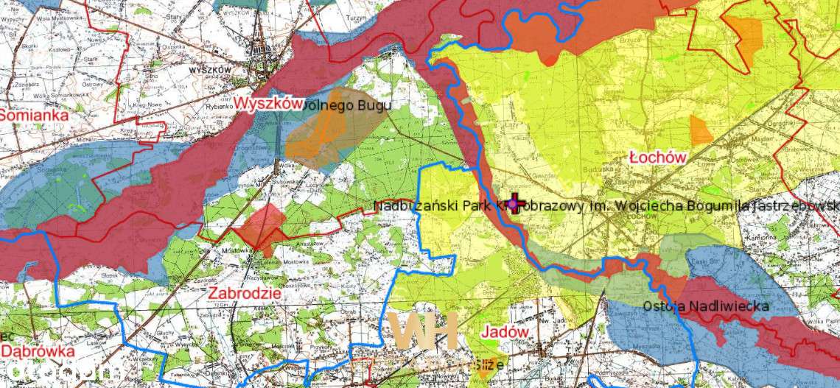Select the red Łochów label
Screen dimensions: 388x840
coord(659,157)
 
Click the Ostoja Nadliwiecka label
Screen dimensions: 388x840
coord(706,306)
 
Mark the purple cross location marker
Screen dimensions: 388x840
coord(514,204)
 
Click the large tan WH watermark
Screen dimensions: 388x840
coord(426,331)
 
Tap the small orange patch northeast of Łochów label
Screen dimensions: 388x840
coord(701,130)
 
